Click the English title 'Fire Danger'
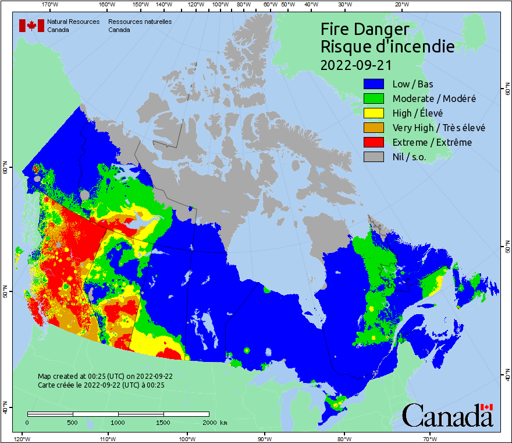tap(365, 29)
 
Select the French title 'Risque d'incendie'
tap(387, 47)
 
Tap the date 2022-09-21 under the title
tap(356, 64)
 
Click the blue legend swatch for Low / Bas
tap(374, 84)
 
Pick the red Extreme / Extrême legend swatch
tap(374, 142)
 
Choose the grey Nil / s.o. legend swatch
tap(374, 157)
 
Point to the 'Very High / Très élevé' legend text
tap(439, 128)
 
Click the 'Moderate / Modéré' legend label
tap(434, 99)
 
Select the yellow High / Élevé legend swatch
tap(374, 113)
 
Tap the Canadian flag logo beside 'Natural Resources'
tap(31, 26)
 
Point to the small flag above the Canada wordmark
tap(486, 407)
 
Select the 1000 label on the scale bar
tap(118, 423)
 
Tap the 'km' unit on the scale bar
tap(224, 423)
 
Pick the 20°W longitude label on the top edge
tap(401, 5)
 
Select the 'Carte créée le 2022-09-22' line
tap(101, 385)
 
